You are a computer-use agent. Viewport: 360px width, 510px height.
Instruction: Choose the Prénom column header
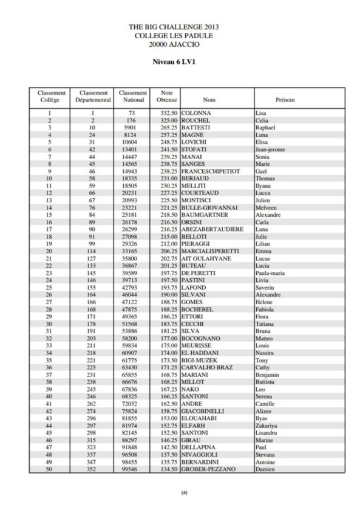point(285,100)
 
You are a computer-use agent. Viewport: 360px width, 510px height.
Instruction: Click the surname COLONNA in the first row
point(196,114)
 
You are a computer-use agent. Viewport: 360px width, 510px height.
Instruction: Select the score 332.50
point(168,114)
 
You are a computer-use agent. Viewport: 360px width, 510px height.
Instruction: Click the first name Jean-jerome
point(270,149)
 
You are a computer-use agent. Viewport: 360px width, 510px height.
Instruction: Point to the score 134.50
point(168,469)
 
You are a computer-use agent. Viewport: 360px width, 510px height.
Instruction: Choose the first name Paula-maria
point(270,273)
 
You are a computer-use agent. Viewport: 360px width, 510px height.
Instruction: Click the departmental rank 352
point(92,469)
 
